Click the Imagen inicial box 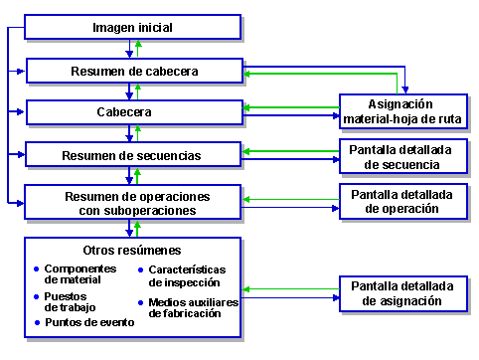[x=132, y=27]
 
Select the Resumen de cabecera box [x=134, y=72]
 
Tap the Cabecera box [x=134, y=112]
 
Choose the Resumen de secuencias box [x=134, y=155]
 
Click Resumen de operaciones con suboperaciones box [x=134, y=202]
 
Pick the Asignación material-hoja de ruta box [x=401, y=111]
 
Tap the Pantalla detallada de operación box [x=401, y=202]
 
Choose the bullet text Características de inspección [x=188, y=275]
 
